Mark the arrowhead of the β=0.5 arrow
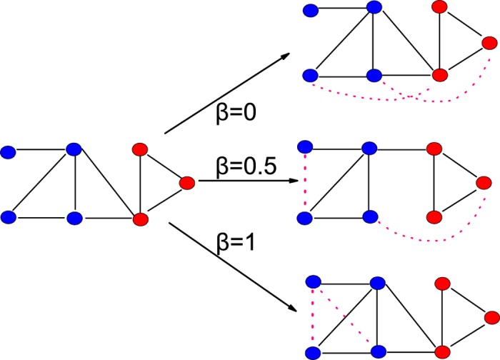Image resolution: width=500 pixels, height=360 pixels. tap(293, 181)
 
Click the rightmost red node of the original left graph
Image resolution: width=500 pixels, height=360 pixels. tap(187, 183)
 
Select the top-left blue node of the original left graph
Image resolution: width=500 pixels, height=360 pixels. tap(9, 151)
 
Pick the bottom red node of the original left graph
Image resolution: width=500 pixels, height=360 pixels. tap(140, 217)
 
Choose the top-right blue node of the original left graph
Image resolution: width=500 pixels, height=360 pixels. tap(73, 149)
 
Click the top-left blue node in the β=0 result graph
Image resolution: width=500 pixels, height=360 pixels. tap(310, 10)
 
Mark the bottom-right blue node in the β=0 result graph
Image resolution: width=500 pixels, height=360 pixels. tap(373, 74)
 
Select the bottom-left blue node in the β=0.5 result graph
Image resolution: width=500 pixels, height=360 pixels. tap(306, 216)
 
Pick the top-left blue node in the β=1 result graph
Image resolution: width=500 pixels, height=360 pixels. tap(311, 281)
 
